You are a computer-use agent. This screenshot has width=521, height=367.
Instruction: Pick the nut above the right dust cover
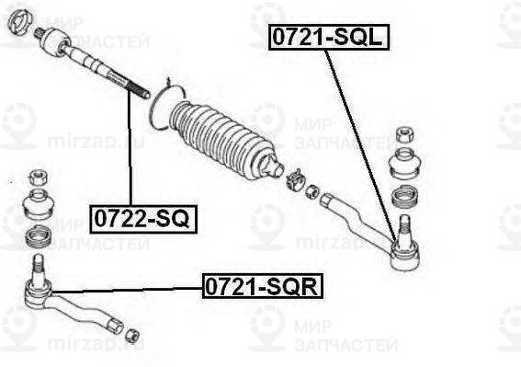[x=402, y=134]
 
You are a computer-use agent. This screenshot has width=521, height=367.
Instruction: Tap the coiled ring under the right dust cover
[x=404, y=196]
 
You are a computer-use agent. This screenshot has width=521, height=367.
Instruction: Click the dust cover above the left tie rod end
[x=38, y=205]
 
